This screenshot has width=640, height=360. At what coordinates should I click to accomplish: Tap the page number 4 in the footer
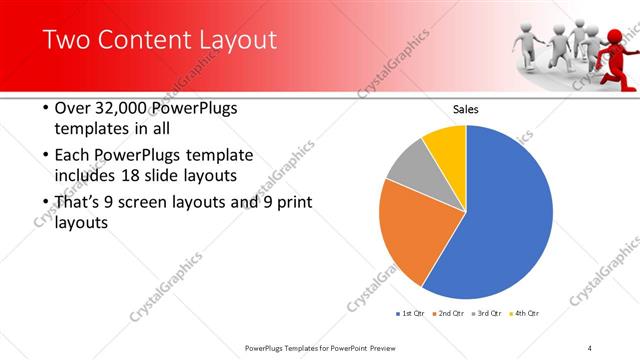590,348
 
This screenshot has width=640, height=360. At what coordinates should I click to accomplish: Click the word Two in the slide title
66,41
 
